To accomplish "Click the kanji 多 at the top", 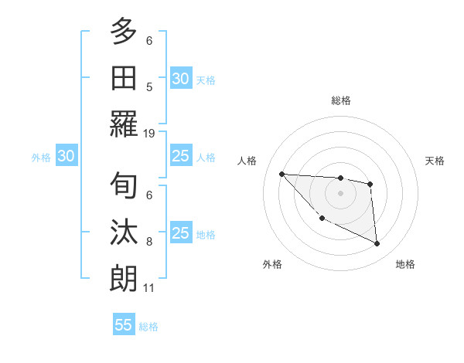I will pyautogui.click(x=124, y=32).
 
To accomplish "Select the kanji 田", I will pyautogui.click(x=124, y=78).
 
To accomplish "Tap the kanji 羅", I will pyautogui.click(x=124, y=124).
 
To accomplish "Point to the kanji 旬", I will pyautogui.click(x=124, y=186).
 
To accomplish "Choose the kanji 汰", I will pyautogui.click(x=124, y=233).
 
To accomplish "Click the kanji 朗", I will pyautogui.click(x=124, y=279).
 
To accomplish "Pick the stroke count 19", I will pyautogui.click(x=149, y=133).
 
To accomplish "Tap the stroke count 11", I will pyautogui.click(x=149, y=288).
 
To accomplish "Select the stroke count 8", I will pyautogui.click(x=149, y=242).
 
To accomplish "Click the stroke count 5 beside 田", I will pyautogui.click(x=149, y=87).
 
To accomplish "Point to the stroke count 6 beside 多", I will pyautogui.click(x=149, y=40).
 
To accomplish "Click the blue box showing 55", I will pyautogui.click(x=124, y=325).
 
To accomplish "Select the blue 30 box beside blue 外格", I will pyautogui.click(x=66, y=156).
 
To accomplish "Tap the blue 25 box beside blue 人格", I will pyautogui.click(x=180, y=156).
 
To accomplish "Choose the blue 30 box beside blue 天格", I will pyautogui.click(x=180, y=79).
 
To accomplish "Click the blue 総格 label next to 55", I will pyautogui.click(x=148, y=327).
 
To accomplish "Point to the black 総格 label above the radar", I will pyautogui.click(x=340, y=100).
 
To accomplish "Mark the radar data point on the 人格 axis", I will pyautogui.click(x=281, y=174).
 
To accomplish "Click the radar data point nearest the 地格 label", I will pyautogui.click(x=377, y=244).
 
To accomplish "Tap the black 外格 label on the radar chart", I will pyautogui.click(x=272, y=264).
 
